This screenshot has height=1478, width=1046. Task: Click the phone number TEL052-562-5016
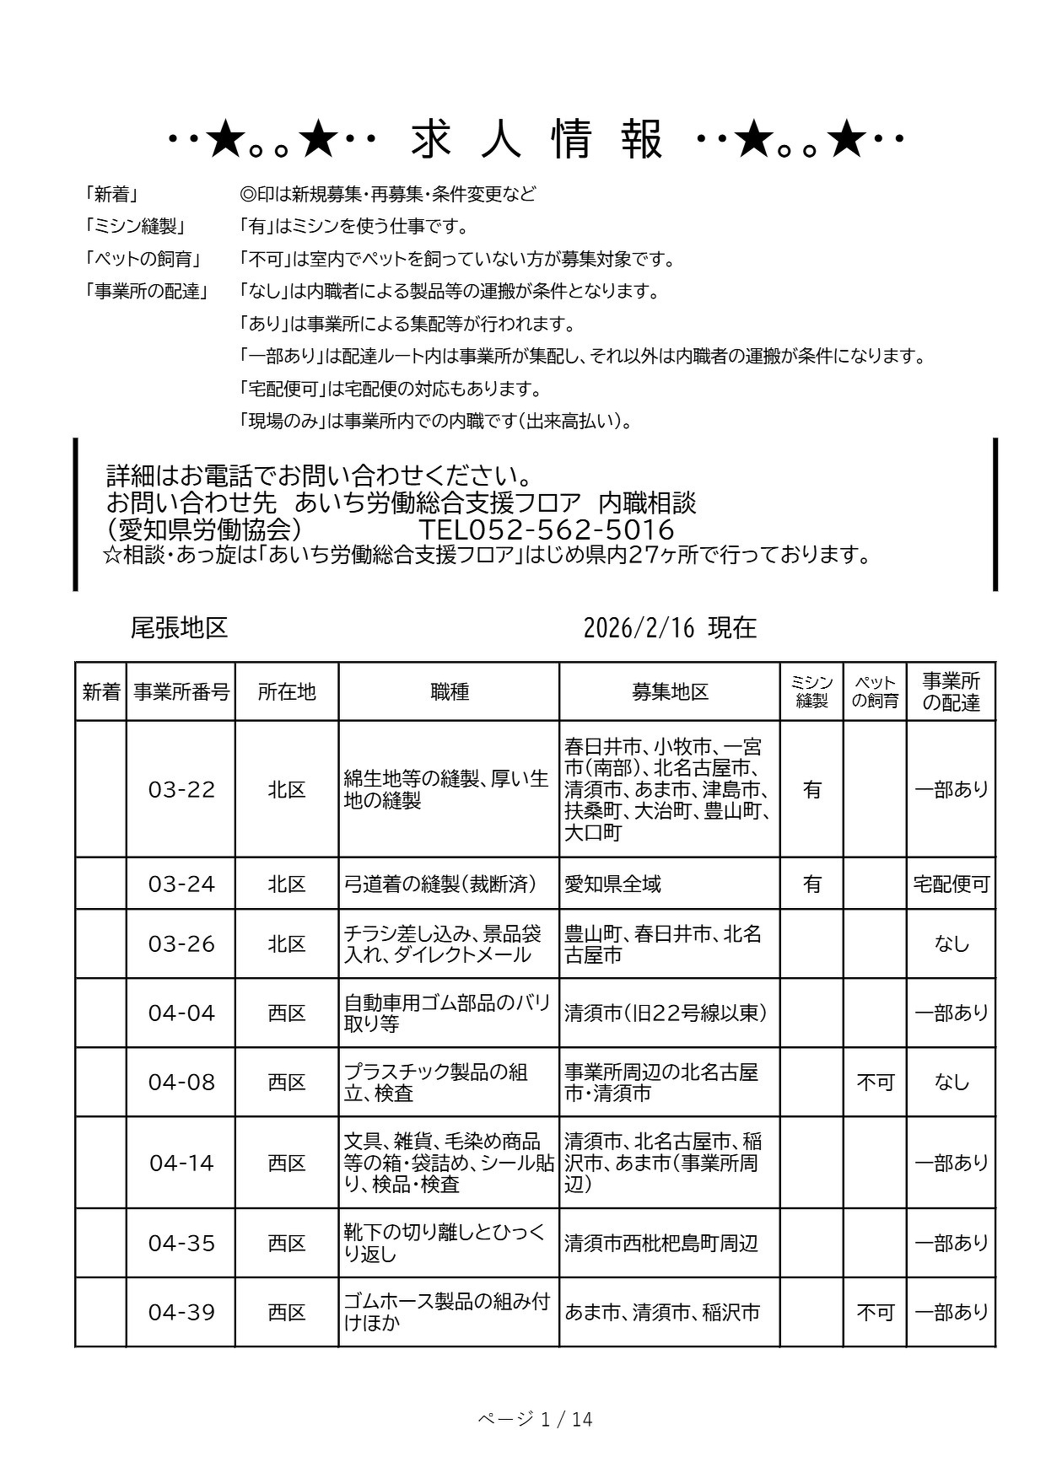tap(547, 529)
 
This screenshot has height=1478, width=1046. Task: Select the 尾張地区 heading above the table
tap(179, 628)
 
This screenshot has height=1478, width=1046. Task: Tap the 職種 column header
tap(449, 692)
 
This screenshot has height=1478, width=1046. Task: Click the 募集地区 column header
tap(670, 692)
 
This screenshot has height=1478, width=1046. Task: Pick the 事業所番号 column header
tap(181, 692)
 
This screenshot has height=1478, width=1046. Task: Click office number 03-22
tap(181, 789)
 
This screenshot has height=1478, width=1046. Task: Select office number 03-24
tap(181, 884)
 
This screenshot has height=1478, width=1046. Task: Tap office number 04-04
tap(181, 1013)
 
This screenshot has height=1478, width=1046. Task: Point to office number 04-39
tap(181, 1312)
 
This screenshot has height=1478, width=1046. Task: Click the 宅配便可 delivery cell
tap(951, 884)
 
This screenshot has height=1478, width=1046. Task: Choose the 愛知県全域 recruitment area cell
tap(612, 884)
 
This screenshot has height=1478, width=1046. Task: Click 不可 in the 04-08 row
tap(875, 1082)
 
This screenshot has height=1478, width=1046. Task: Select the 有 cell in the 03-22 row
tap(811, 789)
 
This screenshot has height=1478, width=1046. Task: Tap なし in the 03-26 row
tap(951, 943)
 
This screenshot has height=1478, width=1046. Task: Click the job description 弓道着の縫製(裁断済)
tap(439, 884)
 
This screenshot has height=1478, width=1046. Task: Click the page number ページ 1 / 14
tap(535, 1420)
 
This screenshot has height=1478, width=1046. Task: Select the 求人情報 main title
tap(537, 141)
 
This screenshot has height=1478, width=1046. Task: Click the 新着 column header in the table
tap(101, 692)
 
